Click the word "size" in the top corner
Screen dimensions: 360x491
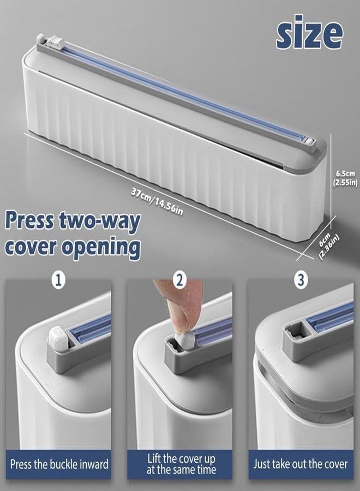click(309, 32)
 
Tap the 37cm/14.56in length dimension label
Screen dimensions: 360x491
click(157, 202)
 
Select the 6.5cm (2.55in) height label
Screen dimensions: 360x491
click(346, 178)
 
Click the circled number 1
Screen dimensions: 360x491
click(58, 280)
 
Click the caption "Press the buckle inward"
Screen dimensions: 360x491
click(59, 464)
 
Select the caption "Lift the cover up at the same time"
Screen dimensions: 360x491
click(181, 464)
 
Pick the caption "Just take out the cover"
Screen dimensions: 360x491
click(301, 464)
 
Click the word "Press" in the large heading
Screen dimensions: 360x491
click(29, 221)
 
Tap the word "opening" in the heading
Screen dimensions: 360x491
click(100, 248)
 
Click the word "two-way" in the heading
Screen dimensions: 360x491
click(100, 221)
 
